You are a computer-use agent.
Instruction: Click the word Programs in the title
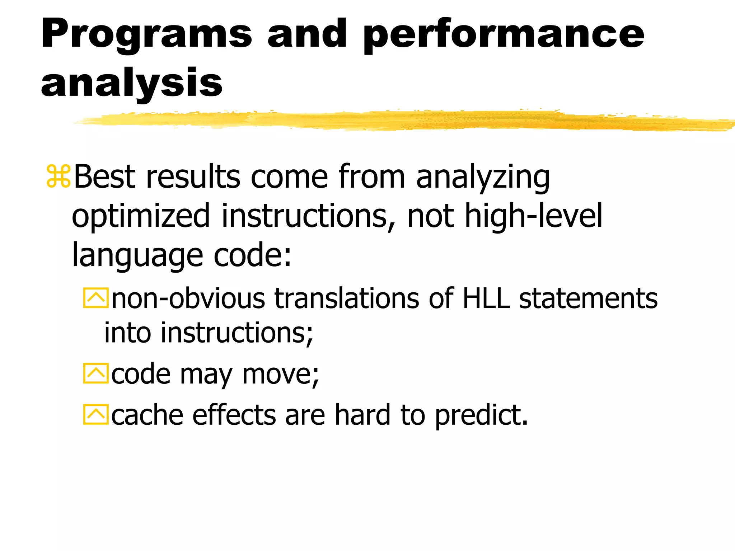[x=146, y=35]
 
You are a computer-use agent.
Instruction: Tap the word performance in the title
[x=503, y=35]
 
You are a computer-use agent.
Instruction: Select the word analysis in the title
[x=131, y=83]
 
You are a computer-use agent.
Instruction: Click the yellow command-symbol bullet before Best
[x=58, y=176]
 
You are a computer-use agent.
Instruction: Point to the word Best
[x=104, y=176]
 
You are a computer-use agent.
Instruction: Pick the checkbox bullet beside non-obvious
[x=95, y=298]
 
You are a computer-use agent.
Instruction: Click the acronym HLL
[x=486, y=298]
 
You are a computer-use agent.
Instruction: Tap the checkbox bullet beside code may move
[x=95, y=373]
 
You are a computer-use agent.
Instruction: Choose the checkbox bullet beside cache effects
[x=95, y=415]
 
